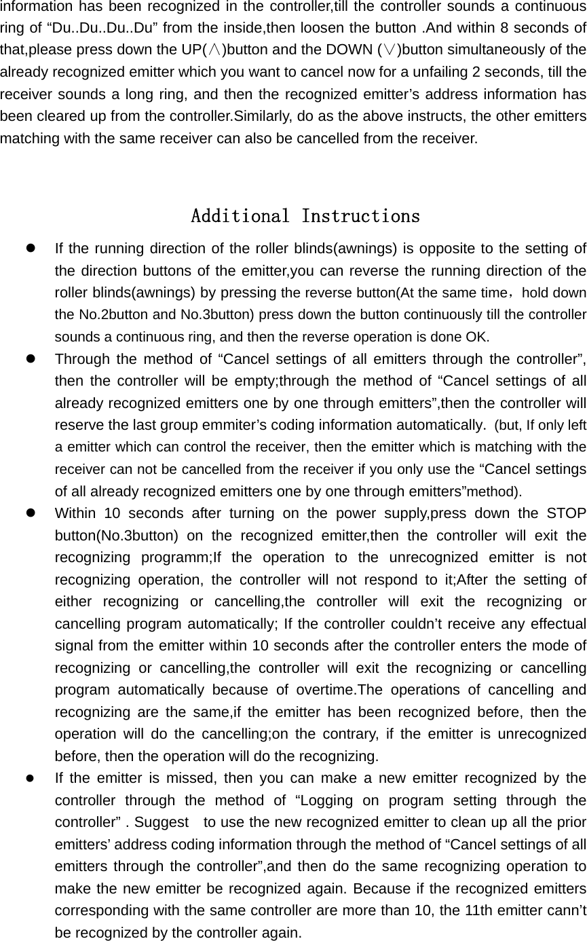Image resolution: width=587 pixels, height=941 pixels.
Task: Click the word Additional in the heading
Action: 242,217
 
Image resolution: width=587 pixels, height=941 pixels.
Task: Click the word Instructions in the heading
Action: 360,217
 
